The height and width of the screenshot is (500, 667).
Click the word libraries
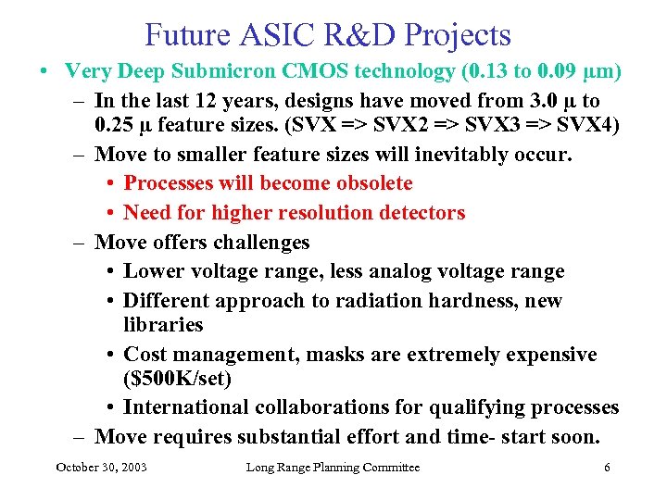coord(163,325)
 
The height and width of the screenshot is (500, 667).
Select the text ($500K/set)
coord(177,379)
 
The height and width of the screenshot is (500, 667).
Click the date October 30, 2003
coord(101,468)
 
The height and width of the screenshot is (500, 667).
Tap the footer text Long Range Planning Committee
coord(333,468)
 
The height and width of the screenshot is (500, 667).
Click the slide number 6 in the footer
coord(607,468)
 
